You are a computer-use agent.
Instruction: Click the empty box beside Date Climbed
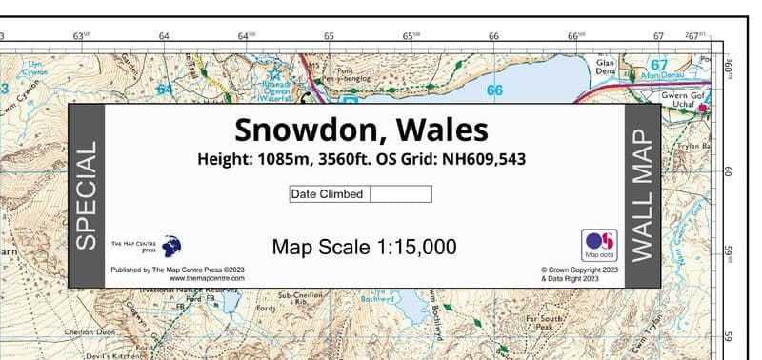pos(400,194)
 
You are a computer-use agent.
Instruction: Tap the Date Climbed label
pos(328,194)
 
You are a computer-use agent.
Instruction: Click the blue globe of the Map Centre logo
pos(171,247)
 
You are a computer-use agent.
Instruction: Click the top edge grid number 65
pos(329,36)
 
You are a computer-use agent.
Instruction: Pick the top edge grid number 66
pos(493,36)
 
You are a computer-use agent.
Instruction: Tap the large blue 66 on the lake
pos(494,90)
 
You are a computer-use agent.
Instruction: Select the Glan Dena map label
pos(606,67)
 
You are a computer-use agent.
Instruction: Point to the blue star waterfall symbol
pos(277,70)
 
